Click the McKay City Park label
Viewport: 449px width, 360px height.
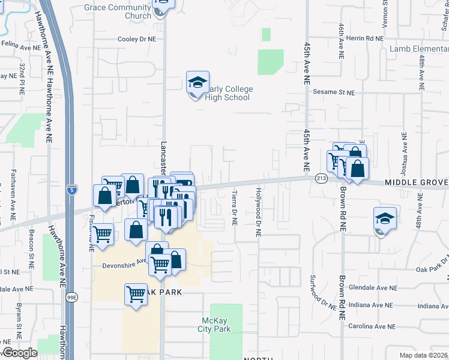(214, 325)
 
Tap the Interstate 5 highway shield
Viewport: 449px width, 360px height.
(71, 188)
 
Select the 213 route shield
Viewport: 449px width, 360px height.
(320, 178)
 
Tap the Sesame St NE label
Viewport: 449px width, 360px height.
(334, 93)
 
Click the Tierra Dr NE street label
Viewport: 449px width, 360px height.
(235, 208)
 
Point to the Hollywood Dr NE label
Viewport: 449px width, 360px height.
(259, 212)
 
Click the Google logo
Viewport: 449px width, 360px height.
(19, 353)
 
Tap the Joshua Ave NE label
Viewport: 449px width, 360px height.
(405, 150)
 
